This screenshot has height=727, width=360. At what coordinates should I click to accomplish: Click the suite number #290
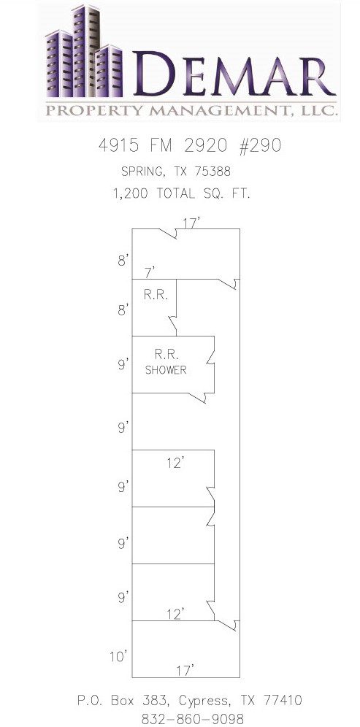click(259, 145)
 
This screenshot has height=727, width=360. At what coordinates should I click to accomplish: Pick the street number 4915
click(118, 145)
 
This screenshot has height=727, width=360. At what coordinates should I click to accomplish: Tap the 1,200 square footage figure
click(131, 194)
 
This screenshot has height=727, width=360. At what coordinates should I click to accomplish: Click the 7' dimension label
click(150, 273)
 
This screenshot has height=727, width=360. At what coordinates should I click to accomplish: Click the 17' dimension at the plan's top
click(191, 223)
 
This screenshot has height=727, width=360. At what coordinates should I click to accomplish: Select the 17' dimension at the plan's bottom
click(185, 670)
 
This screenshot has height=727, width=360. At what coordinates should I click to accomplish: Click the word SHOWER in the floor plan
click(166, 370)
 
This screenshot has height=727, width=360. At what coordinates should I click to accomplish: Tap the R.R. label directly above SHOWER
click(164, 355)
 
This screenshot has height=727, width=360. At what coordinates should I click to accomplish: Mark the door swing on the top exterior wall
click(169, 234)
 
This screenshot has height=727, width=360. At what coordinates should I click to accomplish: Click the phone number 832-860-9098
click(193, 719)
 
